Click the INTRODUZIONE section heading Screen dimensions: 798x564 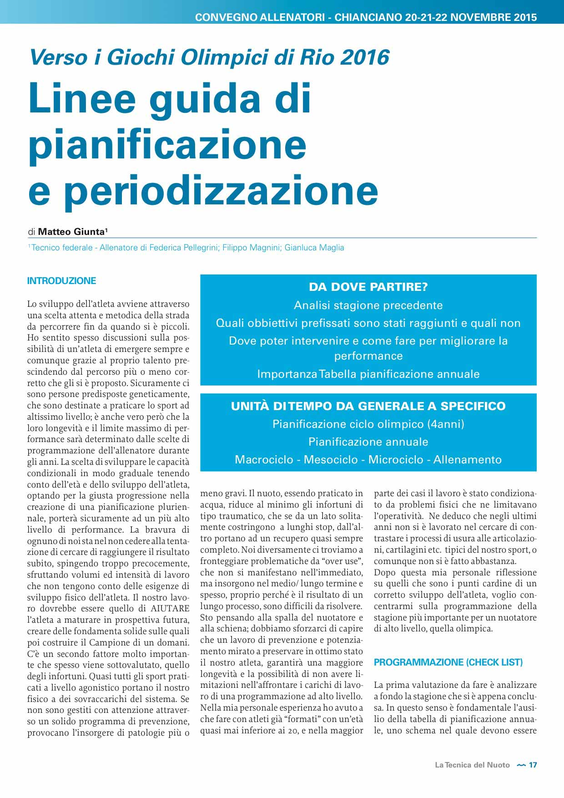pos(61,281)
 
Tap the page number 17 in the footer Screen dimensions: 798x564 pos(533,765)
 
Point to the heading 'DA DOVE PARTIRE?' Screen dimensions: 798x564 pos(368,287)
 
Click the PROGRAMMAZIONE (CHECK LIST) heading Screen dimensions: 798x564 pos(448,662)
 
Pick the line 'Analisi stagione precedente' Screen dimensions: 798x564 pos(368,305)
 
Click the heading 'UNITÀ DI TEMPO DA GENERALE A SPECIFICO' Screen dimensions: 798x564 pos(368,406)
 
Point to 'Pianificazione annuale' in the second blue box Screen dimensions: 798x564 pos(368,442)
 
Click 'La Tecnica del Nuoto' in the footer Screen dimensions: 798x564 pos(472,765)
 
